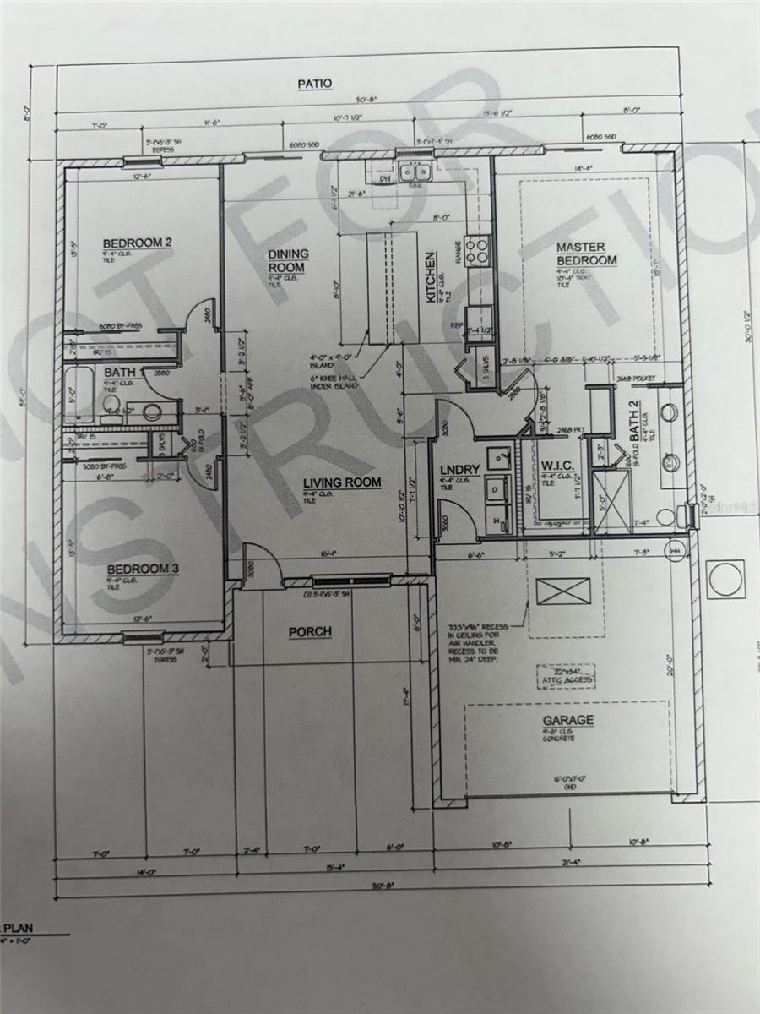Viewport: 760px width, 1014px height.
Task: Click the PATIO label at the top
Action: coord(314,83)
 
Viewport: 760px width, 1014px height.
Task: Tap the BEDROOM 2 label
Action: coord(138,243)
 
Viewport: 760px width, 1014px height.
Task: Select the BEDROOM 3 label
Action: coord(143,569)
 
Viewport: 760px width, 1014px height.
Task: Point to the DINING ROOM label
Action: coord(289,260)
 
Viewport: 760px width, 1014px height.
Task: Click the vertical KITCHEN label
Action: coord(431,278)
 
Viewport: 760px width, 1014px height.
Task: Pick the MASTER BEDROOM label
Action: coord(586,253)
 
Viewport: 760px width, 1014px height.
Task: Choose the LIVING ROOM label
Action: coord(342,483)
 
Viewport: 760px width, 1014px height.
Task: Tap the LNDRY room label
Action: coord(460,470)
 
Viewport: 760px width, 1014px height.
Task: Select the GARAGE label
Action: coord(568,721)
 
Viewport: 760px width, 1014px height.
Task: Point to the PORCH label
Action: coord(310,631)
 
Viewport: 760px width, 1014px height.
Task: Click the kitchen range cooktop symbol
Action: coord(478,248)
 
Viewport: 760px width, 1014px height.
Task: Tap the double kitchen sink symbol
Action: coord(415,173)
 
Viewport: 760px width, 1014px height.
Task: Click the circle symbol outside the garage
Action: coord(725,579)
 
